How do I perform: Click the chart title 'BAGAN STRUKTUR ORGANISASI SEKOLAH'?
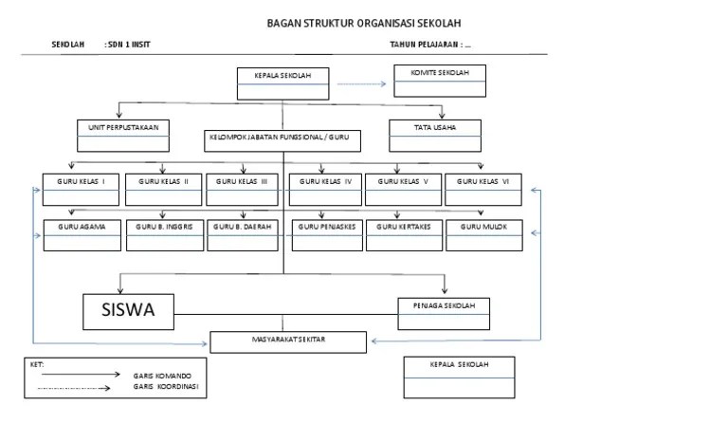pos(364,24)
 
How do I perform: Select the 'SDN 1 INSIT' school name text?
pos(129,45)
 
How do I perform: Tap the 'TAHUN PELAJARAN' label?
pos(424,45)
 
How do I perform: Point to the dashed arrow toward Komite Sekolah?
pos(362,84)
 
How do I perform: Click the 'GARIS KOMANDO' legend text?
pos(162,376)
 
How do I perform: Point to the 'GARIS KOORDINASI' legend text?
pos(166,387)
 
